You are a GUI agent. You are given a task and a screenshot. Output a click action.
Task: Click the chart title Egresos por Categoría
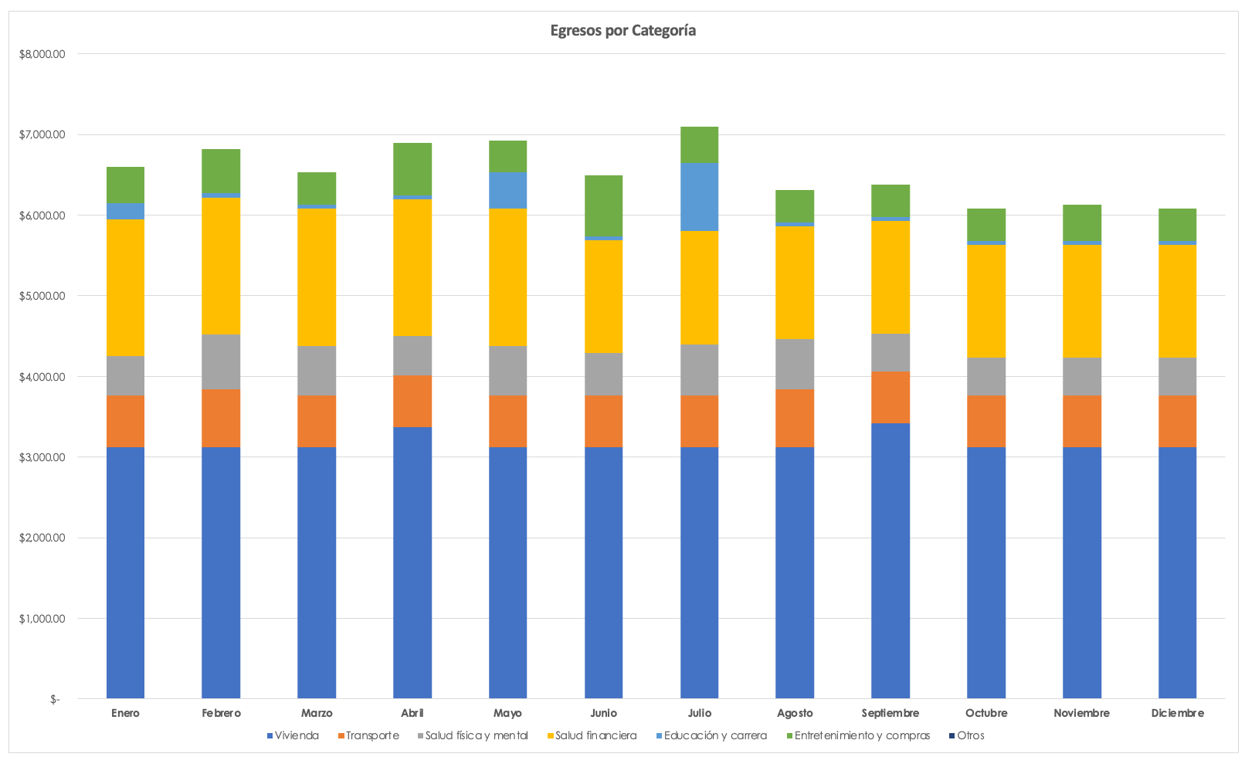[622, 31]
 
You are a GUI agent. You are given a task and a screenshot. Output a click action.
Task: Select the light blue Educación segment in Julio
[699, 197]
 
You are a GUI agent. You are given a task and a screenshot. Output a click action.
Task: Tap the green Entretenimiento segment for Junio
[603, 205]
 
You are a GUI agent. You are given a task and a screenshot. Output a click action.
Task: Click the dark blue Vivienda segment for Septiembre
[890, 560]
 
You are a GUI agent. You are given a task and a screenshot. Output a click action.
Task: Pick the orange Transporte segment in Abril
[412, 401]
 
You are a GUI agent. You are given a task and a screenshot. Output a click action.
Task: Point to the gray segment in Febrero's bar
[221, 362]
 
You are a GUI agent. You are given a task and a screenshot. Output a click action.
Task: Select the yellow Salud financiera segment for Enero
[125, 287]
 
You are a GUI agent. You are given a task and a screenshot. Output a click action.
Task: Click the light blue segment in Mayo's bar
[507, 190]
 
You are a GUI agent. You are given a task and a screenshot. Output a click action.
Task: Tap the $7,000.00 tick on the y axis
[42, 135]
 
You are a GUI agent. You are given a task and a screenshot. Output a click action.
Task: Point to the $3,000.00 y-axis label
[42, 457]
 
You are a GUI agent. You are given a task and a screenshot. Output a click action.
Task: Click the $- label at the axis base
[54, 700]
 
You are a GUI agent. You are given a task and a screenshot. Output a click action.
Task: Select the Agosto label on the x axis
[795, 713]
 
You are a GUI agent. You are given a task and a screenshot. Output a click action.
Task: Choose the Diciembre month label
[1177, 713]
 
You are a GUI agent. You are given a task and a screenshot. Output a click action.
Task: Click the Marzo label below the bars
[317, 713]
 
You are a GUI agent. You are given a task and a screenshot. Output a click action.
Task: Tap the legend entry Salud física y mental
[476, 735]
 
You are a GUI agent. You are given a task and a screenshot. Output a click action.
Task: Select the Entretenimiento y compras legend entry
[862, 735]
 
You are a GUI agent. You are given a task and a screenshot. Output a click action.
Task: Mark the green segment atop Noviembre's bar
[1081, 222]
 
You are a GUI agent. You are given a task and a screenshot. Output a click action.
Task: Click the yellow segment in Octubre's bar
[986, 301]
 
